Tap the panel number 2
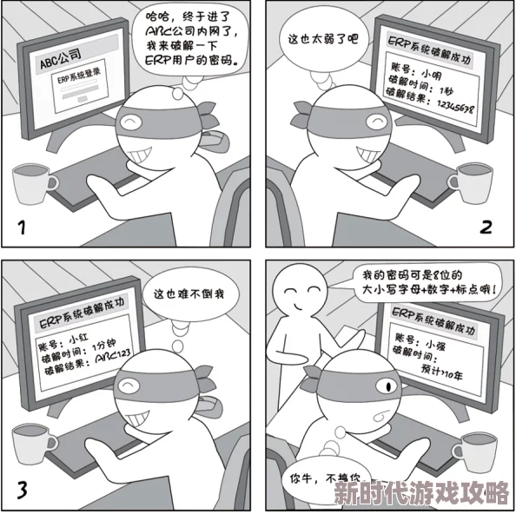coord(486,227)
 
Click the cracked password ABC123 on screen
coord(112,358)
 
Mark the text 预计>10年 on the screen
coord(441,372)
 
